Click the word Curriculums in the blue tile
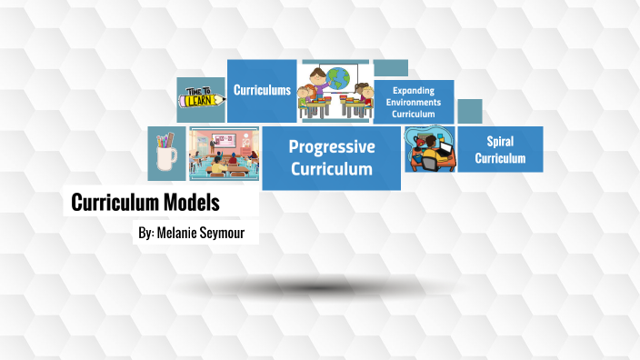pos(262,90)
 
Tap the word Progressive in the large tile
pos(332,146)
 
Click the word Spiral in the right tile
pos(500,142)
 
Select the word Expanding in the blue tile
pos(414,91)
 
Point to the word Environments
pos(414,103)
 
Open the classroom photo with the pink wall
pos(224,154)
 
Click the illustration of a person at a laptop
pos(429,150)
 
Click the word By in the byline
pos(145,234)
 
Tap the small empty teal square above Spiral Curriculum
pos(469,111)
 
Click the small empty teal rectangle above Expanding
pos(391,68)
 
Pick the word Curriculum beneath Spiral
pos(500,157)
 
